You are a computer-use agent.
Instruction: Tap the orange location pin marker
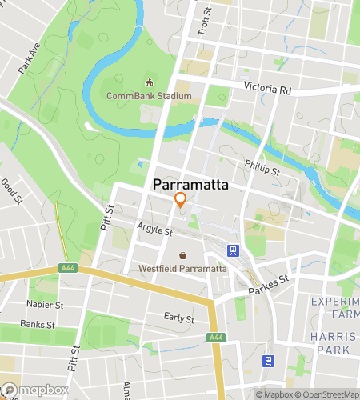point(181,201)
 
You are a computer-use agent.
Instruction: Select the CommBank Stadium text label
point(150,97)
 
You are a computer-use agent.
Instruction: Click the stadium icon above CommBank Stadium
point(149,82)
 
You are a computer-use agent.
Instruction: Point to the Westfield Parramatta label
point(183,269)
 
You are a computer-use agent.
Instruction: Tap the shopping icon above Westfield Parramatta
point(183,255)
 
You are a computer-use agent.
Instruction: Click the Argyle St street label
point(155,230)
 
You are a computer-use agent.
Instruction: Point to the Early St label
point(179,318)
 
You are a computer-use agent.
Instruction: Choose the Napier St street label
point(45,305)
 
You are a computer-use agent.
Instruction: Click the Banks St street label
point(37,326)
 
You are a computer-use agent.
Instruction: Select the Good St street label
point(11,190)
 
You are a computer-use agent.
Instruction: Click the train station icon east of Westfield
point(233,250)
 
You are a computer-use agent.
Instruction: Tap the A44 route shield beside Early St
point(216,338)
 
